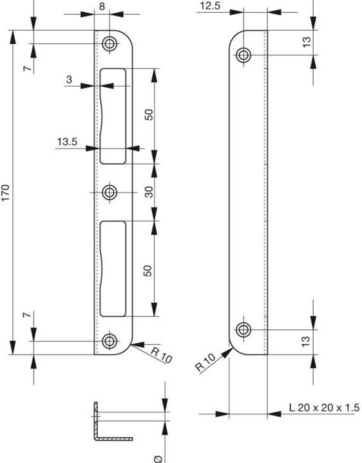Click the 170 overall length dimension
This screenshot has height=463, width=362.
point(6,192)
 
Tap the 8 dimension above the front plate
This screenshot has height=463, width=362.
point(102,7)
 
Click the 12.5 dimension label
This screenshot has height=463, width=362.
point(211,6)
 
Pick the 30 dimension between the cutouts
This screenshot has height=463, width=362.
point(148,192)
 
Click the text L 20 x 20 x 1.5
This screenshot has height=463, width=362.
point(324,408)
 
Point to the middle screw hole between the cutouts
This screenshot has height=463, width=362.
point(110,192)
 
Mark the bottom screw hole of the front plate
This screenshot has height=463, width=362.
point(110,340)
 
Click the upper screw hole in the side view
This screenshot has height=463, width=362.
point(243,55)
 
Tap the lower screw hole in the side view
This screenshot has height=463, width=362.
point(243,330)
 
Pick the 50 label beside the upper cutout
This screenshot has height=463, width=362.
point(148,114)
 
